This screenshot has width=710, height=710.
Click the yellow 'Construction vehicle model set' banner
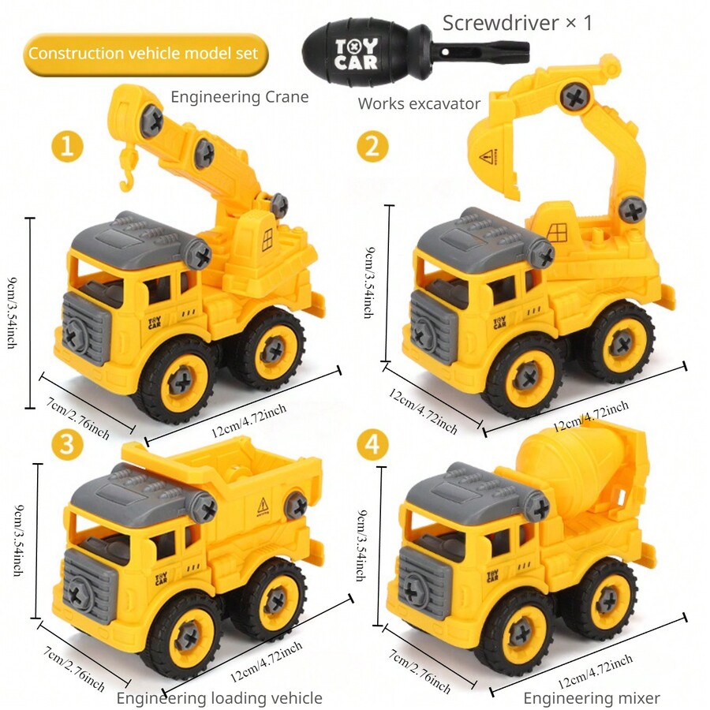[142, 54]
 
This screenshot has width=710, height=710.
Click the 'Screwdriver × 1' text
[517, 22]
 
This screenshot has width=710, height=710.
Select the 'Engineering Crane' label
[239, 97]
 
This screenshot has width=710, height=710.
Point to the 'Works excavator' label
[419, 103]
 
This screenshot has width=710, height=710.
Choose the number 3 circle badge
[68, 444]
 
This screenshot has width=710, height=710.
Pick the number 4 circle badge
[372, 444]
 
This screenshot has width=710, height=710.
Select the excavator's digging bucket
[494, 157]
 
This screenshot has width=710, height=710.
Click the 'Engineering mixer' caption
[592, 697]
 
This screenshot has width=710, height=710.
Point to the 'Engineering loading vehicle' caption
[219, 697]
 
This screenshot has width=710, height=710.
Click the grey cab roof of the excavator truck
[473, 236]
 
